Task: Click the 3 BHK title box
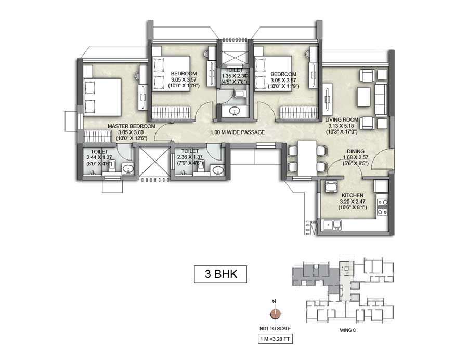coord(217,274)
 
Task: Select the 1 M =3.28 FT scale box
coord(276,340)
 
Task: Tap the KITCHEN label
coord(353,195)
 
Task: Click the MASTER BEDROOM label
coord(132,126)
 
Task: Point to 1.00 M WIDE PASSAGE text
coord(237,132)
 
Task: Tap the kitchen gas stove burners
coord(382,207)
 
